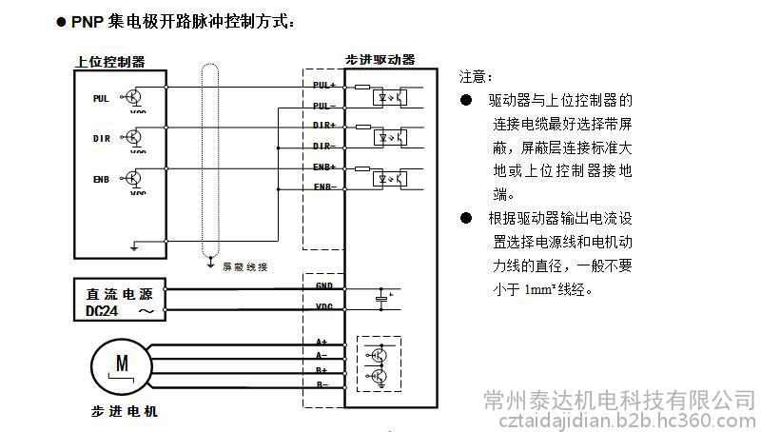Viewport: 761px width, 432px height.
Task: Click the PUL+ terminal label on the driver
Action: (323, 85)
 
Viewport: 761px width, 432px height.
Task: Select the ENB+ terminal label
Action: (323, 167)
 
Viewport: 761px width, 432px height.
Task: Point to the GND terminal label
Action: (323, 285)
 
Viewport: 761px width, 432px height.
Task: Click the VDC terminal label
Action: (323, 306)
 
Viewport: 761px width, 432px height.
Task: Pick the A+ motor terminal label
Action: (322, 342)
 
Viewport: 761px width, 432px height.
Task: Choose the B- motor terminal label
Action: (322, 383)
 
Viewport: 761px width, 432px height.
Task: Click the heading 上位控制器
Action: (110, 62)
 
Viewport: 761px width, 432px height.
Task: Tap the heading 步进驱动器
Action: (380, 59)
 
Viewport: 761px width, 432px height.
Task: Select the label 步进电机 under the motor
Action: (117, 412)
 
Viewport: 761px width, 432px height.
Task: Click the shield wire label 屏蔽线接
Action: (244, 266)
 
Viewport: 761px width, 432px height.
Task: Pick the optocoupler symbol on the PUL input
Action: (393, 95)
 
